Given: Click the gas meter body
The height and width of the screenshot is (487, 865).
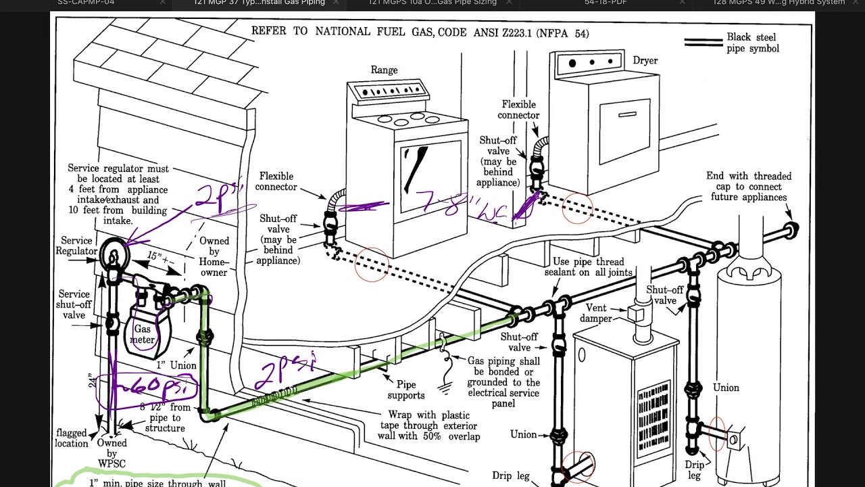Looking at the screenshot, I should [x=143, y=330].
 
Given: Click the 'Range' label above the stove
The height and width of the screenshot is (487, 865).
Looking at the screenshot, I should [x=384, y=70].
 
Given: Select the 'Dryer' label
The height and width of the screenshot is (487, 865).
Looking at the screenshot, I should [x=645, y=60].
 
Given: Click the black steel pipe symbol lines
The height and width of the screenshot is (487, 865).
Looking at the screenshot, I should [x=703, y=42].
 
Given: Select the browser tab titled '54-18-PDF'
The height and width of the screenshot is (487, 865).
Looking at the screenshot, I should [x=610, y=3].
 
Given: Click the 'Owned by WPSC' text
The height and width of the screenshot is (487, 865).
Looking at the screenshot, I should [x=112, y=454].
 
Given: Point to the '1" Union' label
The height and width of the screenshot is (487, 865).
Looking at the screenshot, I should [x=175, y=365].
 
